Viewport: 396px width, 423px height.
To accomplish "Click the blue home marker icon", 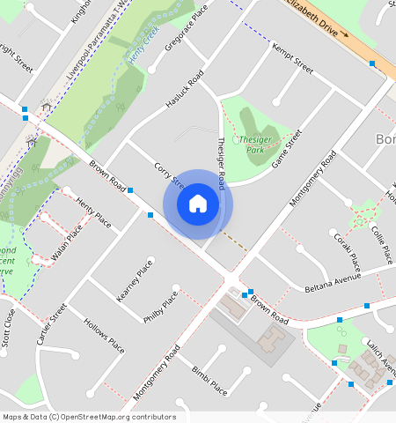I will pos(198,204).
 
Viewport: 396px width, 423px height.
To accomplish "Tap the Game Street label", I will pos(288,149).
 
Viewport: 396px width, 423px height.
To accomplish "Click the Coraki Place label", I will pos(347,250).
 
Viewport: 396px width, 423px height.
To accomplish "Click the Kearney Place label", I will pos(135,280).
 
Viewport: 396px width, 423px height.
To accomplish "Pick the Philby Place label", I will pos(160,312).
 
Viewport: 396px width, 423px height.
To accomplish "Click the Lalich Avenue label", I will pos(381,363).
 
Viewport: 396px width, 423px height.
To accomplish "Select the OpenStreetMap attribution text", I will pos(89,417).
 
